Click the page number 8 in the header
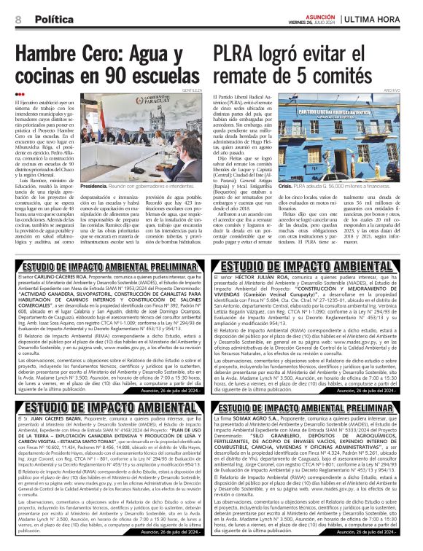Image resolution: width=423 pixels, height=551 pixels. [18, 18]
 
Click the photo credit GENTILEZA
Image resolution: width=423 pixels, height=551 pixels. [192, 90]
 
